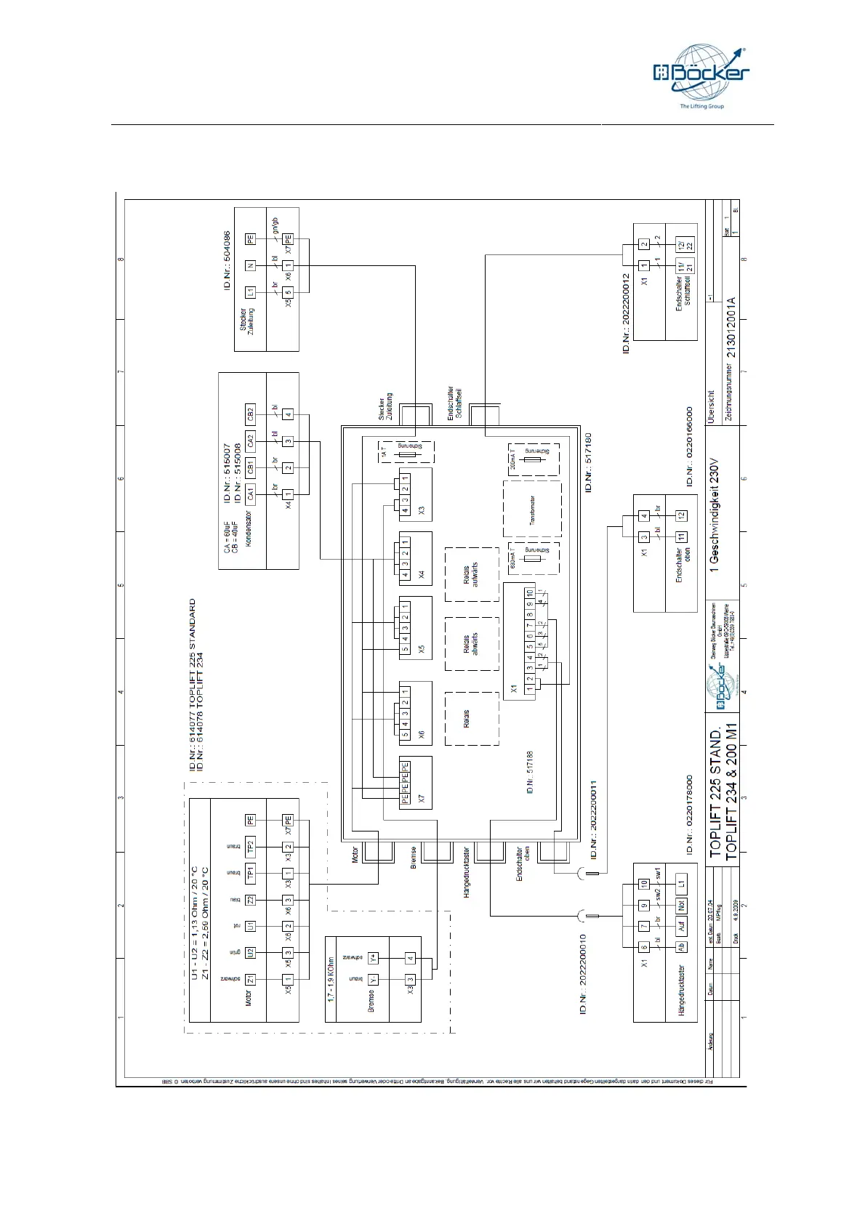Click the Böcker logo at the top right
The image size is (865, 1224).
click(700, 76)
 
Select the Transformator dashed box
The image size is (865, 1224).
click(532, 509)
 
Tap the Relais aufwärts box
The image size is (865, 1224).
click(471, 574)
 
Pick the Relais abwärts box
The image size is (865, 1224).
click(471, 644)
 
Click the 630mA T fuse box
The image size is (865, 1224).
click(534, 558)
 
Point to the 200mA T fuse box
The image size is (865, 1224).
click(534, 459)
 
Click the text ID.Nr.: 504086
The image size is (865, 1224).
click(227, 261)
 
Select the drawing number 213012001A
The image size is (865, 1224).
click(731, 327)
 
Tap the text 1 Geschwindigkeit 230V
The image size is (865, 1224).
click(715, 515)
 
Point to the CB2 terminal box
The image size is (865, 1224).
click(250, 414)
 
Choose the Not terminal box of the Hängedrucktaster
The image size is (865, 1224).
click(681, 906)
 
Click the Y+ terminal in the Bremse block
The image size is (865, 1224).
click(373, 958)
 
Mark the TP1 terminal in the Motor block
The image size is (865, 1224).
click(250, 873)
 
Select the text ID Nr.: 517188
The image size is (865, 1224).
click(530, 772)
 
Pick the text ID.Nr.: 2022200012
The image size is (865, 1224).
click(626, 313)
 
